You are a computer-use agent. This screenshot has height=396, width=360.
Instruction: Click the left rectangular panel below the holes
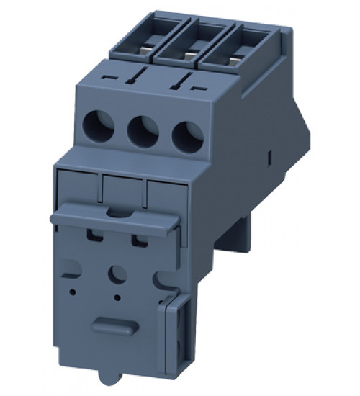click(77, 186)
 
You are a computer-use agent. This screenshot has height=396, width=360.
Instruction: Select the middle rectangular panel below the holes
click(124, 191)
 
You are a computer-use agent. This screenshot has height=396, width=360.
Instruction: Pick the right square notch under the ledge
click(138, 239)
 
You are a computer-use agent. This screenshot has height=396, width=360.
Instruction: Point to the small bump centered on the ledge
click(115, 212)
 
